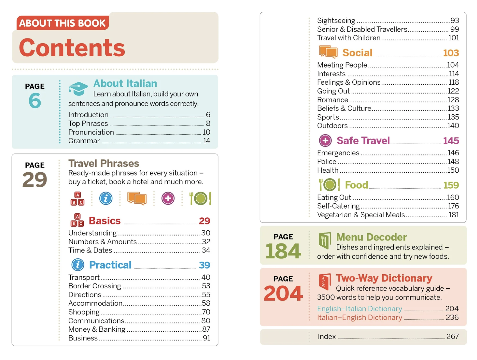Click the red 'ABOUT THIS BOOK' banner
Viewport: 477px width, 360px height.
[62, 23]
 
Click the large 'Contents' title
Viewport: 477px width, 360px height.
[72, 48]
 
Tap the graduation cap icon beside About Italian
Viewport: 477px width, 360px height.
[78, 88]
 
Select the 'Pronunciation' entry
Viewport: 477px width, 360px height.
[91, 132]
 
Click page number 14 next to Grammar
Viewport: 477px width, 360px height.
[207, 141]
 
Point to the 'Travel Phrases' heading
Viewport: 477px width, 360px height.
[103, 163]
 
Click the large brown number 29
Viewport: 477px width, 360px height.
[35, 180]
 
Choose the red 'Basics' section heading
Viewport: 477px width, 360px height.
[105, 221]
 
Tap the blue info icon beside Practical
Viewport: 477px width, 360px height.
[78, 265]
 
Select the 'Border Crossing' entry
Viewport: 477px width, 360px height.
[94, 286]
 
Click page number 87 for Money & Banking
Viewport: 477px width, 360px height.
[206, 329]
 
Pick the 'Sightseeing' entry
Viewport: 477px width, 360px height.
[336, 21]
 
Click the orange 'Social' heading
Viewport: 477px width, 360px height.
[357, 53]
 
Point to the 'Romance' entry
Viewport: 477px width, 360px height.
[332, 100]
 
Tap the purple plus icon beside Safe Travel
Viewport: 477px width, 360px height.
[325, 141]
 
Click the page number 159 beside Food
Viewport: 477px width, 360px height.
[451, 185]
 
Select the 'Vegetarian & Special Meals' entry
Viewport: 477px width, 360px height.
[361, 215]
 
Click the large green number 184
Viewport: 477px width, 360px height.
[283, 251]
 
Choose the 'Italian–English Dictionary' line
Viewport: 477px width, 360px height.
[359, 318]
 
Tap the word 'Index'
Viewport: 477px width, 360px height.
[326, 337]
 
